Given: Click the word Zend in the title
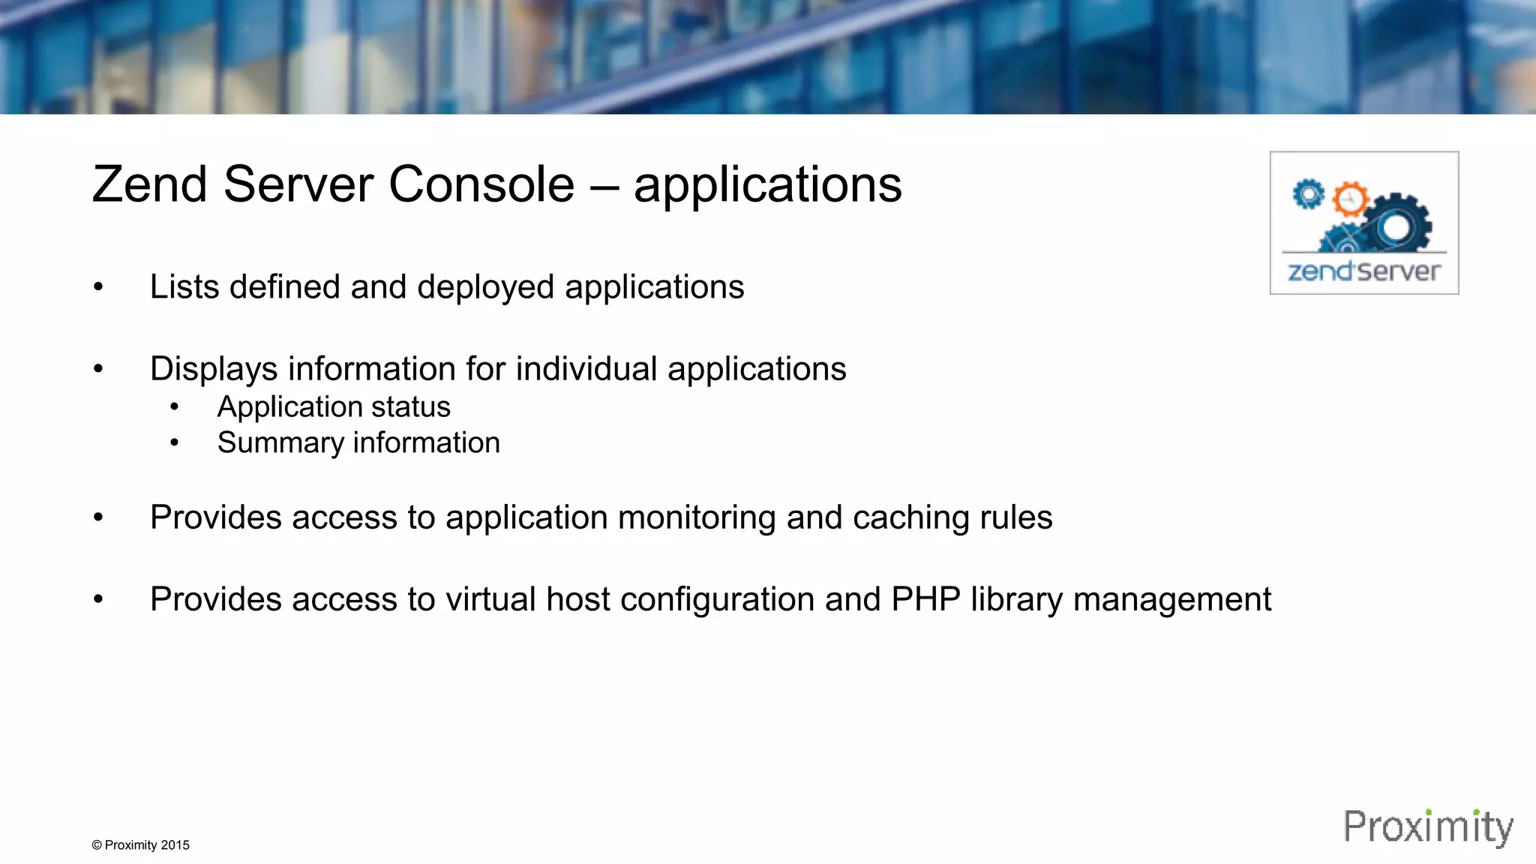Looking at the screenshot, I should pyautogui.click(x=149, y=184).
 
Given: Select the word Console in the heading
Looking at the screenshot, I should pyautogui.click(x=481, y=184).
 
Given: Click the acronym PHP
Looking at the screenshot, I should pyautogui.click(x=925, y=599).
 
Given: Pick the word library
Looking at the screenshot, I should pyautogui.click(x=1016, y=599).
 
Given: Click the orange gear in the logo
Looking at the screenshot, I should pyautogui.click(x=1350, y=199).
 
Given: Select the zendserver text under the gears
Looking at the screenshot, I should pyautogui.click(x=1364, y=271).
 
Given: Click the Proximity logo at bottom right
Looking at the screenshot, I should pyautogui.click(x=1428, y=827).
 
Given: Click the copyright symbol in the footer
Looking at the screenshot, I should pyautogui.click(x=97, y=845).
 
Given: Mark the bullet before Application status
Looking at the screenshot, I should pyautogui.click(x=174, y=407).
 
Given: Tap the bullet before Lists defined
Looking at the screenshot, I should pyautogui.click(x=98, y=287).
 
